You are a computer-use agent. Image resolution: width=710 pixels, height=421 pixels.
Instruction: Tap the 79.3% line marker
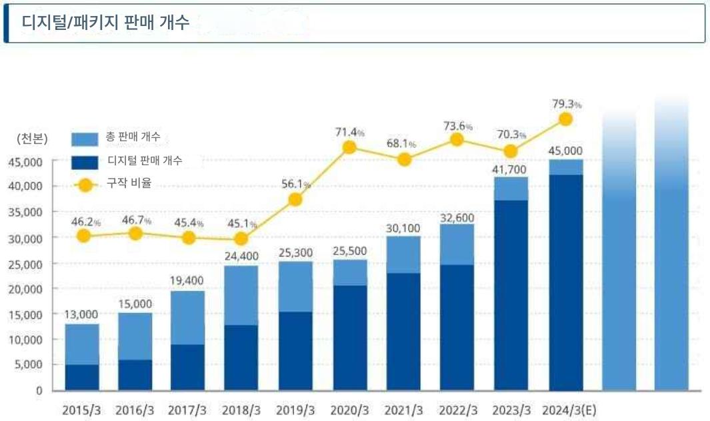(x=565, y=119)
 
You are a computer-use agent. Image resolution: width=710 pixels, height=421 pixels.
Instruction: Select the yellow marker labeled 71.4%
(x=349, y=147)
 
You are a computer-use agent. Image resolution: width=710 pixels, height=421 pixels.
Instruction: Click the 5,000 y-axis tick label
(x=29, y=365)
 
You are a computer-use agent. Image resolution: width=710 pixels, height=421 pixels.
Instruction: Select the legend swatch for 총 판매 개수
(x=85, y=139)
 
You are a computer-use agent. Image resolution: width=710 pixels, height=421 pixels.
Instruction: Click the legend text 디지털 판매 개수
(x=145, y=161)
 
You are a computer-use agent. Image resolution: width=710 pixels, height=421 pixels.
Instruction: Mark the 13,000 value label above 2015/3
(x=81, y=314)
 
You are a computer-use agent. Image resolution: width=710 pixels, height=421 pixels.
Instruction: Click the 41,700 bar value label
(x=511, y=169)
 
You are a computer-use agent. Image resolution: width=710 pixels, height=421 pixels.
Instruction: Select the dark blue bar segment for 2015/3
(x=82, y=377)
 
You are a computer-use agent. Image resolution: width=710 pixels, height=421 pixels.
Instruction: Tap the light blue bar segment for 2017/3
(x=188, y=318)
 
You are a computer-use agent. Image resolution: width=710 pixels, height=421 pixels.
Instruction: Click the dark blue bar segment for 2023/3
(x=511, y=294)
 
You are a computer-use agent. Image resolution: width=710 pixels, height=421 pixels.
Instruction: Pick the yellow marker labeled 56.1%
(x=295, y=200)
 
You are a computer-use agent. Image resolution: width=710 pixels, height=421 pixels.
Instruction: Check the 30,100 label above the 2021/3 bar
(x=403, y=228)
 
